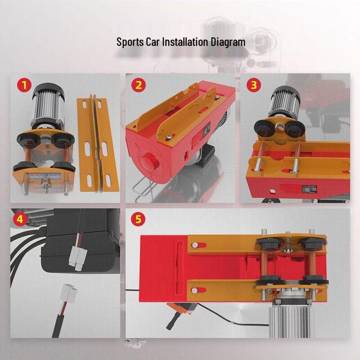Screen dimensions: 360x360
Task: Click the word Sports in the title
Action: pyautogui.click(x=128, y=42)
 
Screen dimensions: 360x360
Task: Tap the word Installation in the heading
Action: pyautogui.click(x=180, y=42)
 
